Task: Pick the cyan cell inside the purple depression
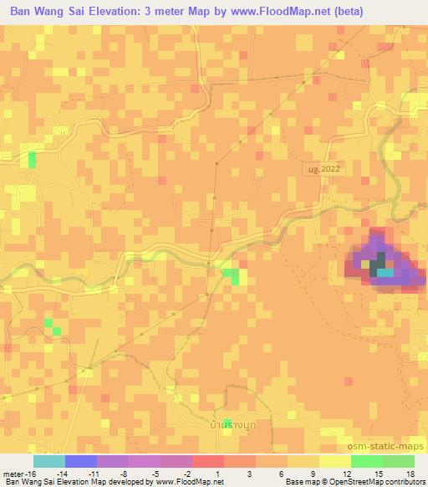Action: pos(385,271)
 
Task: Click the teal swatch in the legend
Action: pos(49,461)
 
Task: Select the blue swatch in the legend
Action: pos(81,461)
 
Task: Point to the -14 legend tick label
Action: pos(64,474)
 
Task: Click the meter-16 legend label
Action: pos(18,474)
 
